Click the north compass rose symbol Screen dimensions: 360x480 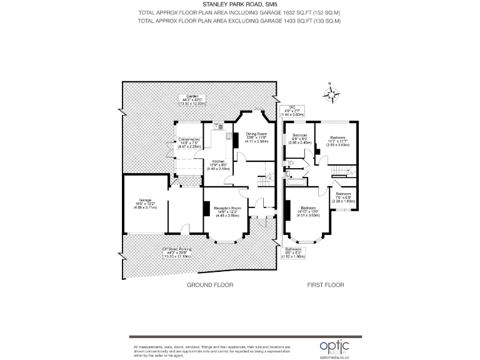coord(332,94)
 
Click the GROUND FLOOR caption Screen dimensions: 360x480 coord(210,285)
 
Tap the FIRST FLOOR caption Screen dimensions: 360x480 coord(325,285)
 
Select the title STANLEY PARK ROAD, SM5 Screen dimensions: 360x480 coord(240,4)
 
